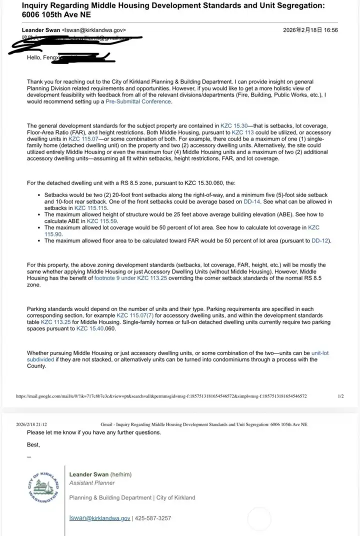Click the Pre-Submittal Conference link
pos(138,101)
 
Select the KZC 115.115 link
pos(91,207)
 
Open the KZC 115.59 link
pos(102,220)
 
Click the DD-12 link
pos(320,240)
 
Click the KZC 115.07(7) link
pos(135,316)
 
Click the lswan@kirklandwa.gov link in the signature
pos(99,518)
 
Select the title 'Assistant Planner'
pos(92,483)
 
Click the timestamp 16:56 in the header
pos(330,30)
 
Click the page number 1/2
pos(340,396)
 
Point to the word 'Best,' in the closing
pos(33,444)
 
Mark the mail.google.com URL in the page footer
pos(161,396)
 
